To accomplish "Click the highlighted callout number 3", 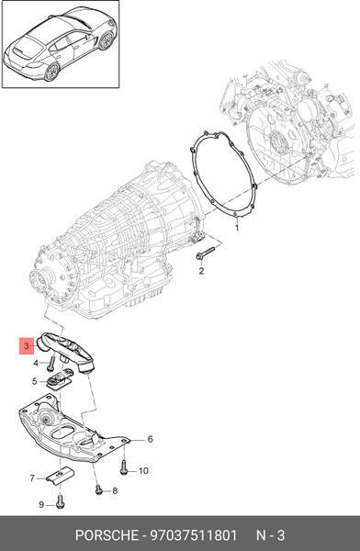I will click(x=27, y=345).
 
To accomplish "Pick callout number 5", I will click(x=36, y=381).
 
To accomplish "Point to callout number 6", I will click(x=150, y=440).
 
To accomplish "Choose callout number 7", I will click(x=31, y=478).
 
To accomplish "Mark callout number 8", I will click(x=115, y=491).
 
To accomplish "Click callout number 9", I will click(x=40, y=505).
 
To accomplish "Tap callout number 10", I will click(x=143, y=471).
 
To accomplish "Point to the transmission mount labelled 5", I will click(x=62, y=380).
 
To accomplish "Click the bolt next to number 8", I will click(x=97, y=490).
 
